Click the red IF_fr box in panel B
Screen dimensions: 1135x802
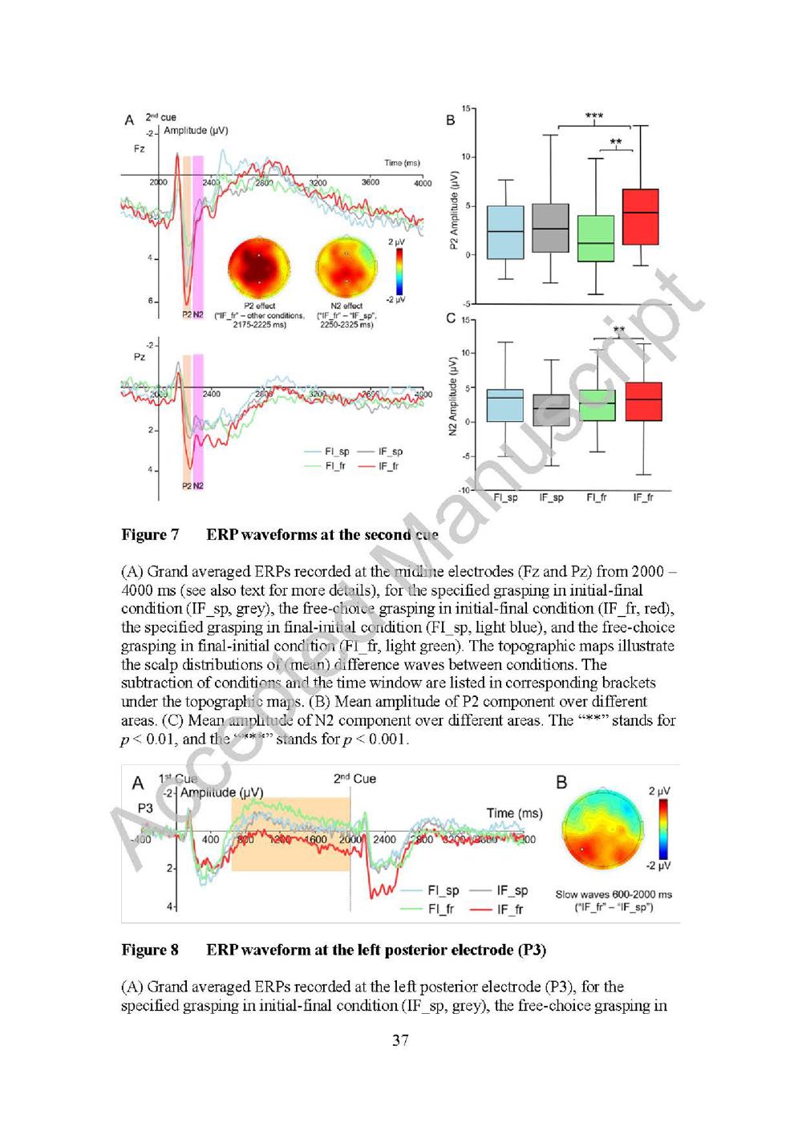[x=640, y=217]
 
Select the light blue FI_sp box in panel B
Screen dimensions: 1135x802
[x=505, y=232]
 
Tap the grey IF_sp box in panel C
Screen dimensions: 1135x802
[x=551, y=410]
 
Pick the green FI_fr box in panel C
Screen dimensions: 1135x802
[x=597, y=405]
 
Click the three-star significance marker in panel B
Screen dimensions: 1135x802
[x=594, y=117]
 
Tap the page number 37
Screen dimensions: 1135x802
[x=400, y=1040]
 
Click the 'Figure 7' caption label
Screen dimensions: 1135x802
[x=150, y=535]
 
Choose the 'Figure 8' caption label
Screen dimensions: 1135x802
[x=150, y=951]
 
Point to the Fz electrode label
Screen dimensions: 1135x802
[x=140, y=149]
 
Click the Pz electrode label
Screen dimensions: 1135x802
[x=140, y=357]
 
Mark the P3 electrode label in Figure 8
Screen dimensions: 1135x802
[x=144, y=808]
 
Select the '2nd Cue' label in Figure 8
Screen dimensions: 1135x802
[x=354, y=779]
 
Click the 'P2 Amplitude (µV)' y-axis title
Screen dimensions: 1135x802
[x=453, y=209]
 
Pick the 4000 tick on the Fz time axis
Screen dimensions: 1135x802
[x=423, y=183]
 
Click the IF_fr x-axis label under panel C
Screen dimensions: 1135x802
[x=643, y=498]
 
